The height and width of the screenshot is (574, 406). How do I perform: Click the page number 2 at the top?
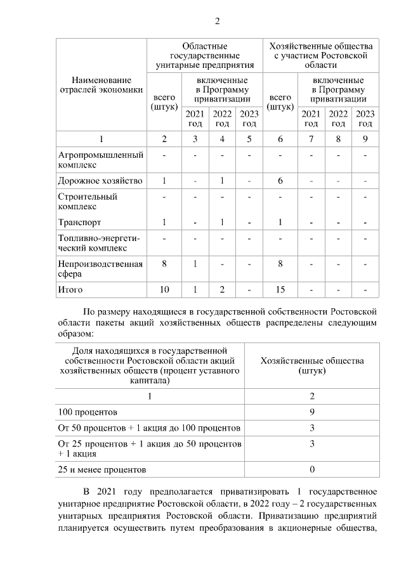[x=217, y=22]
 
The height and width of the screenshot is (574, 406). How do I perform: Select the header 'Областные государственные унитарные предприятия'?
[x=204, y=56]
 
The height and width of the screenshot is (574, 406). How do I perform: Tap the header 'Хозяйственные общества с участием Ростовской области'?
[x=321, y=56]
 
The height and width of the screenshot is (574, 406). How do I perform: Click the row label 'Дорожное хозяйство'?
[x=100, y=181]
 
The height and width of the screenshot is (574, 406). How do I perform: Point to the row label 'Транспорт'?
[x=79, y=223]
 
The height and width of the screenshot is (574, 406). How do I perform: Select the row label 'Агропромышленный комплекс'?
[x=100, y=160]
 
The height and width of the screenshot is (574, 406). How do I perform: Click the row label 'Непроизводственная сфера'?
[x=100, y=269]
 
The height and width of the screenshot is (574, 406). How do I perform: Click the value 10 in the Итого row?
[x=164, y=290]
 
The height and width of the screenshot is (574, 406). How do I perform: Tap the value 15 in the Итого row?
[x=280, y=290]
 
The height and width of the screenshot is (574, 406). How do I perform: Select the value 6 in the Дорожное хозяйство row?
[x=280, y=181]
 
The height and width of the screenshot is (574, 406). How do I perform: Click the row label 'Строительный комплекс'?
[x=88, y=201]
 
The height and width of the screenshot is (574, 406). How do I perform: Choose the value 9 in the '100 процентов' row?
[x=312, y=412]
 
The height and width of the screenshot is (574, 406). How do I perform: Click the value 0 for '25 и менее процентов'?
[x=312, y=469]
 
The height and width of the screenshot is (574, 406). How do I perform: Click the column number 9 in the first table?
[x=365, y=139]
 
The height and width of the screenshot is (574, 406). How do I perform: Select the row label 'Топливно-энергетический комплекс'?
[x=98, y=243]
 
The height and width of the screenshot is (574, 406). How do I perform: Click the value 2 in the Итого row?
[x=222, y=290]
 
